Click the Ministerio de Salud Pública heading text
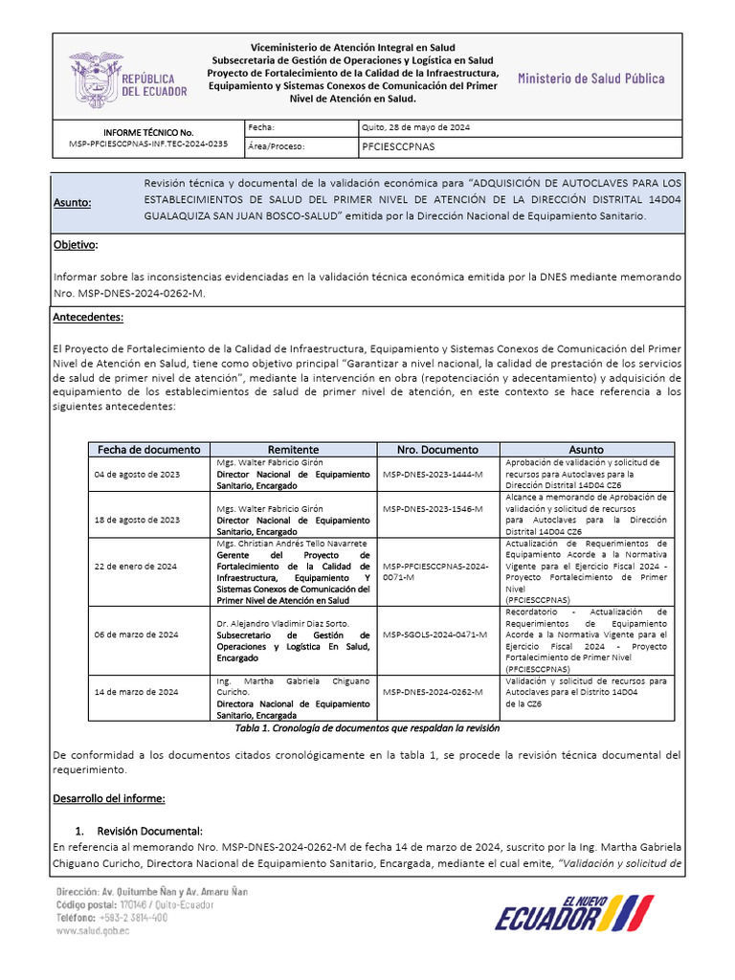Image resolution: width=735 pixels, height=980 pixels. coord(590,78)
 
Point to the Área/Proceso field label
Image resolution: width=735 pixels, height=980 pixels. coord(276,147)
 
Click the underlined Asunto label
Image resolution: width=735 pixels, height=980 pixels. coord(73,203)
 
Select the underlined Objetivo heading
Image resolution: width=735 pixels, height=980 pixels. coord(76,245)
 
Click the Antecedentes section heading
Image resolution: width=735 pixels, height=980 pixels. coord(89,318)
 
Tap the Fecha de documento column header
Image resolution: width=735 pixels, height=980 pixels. coord(148,449)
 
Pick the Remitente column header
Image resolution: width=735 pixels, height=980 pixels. coord(294,449)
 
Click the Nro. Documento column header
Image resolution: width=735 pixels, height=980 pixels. coord(437,449)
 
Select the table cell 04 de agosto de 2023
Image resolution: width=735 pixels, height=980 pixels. coord(136,475)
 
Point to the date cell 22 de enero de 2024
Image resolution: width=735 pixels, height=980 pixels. coord(135,567)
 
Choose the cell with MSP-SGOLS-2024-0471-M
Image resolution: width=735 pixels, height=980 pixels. coord(434,635)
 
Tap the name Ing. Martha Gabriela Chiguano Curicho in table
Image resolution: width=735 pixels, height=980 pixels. coord(293,686)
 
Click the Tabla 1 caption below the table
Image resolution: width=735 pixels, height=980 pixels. coord(367,728)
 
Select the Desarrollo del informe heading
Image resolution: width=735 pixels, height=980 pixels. coord(110,798)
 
